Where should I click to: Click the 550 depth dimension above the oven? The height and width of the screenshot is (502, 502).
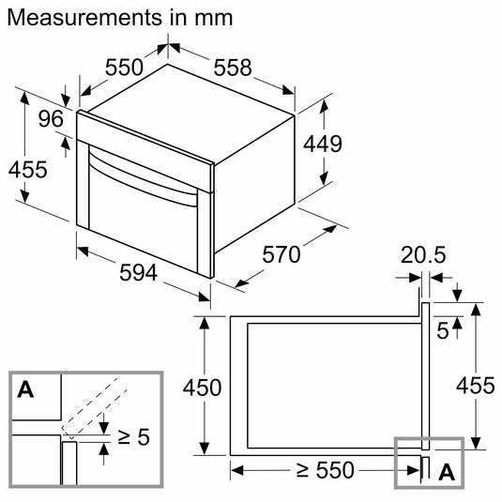(124, 68)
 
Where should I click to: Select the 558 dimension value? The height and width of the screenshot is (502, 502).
(233, 68)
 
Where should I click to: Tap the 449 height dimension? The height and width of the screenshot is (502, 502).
(323, 144)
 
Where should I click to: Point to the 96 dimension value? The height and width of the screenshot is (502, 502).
(51, 119)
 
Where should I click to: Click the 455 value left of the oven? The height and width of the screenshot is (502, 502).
(28, 170)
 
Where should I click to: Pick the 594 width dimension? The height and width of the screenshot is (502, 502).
(139, 273)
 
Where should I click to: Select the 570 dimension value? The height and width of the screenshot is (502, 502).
(281, 255)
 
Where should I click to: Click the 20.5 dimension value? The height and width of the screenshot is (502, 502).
(423, 255)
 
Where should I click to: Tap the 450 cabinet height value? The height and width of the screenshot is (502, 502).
(202, 388)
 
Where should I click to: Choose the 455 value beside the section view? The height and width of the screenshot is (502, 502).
(476, 385)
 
